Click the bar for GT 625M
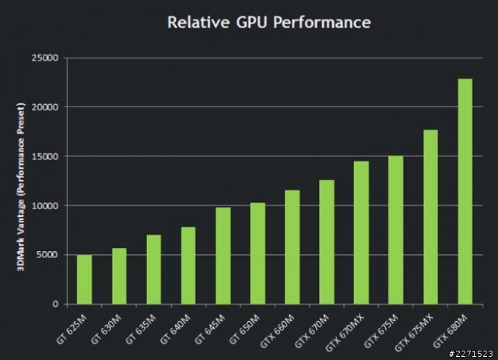pos(84,279)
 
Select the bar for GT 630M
pos(119,276)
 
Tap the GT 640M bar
pos(188,265)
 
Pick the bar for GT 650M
pos(258,253)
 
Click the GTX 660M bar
pos(293,246)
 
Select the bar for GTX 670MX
pos(361,232)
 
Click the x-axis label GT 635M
pos(142,327)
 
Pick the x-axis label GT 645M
pos(212,327)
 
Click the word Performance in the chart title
pos(328,22)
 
